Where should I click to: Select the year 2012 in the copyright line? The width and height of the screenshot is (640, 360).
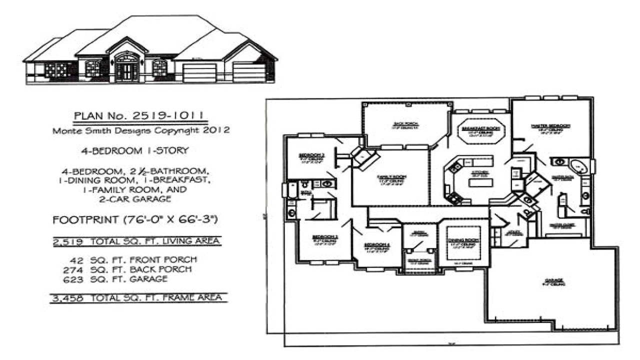(216, 130)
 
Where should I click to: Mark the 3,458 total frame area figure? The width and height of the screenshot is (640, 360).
(68, 298)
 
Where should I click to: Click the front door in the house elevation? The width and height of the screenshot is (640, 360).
(126, 70)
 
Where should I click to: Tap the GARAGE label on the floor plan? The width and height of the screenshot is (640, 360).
(554, 280)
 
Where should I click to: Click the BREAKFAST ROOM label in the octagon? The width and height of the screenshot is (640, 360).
(481, 128)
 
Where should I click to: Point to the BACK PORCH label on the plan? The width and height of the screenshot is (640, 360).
(405, 123)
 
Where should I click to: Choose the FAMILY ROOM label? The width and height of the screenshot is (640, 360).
(391, 177)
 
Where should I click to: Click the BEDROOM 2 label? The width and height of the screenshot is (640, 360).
(312, 155)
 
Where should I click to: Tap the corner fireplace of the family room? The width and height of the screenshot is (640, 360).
(364, 156)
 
